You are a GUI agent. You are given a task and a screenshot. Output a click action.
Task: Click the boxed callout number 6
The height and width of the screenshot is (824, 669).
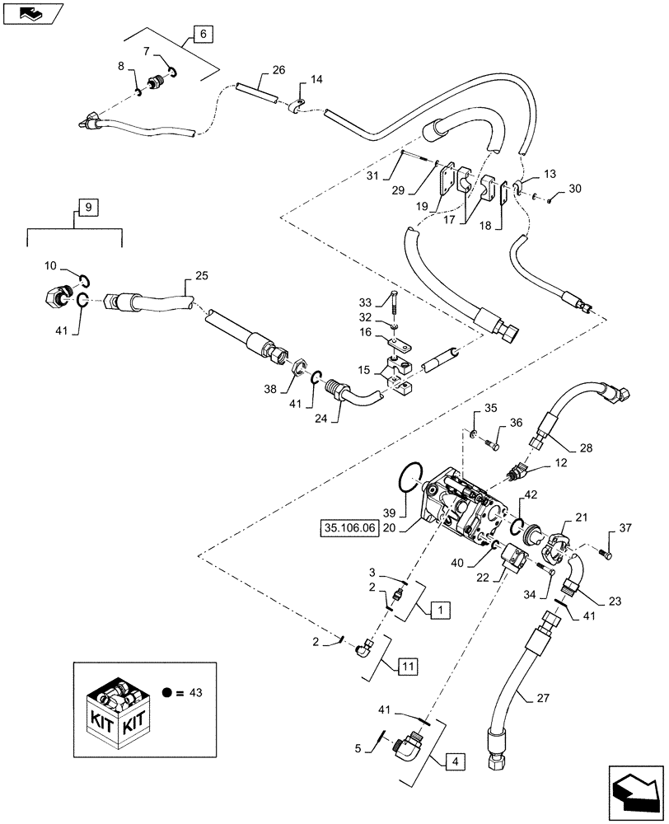coord(204,34)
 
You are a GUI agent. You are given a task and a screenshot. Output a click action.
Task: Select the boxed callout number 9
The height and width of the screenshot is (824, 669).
coord(84,206)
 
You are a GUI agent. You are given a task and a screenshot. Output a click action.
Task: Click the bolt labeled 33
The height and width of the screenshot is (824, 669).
coord(394,306)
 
